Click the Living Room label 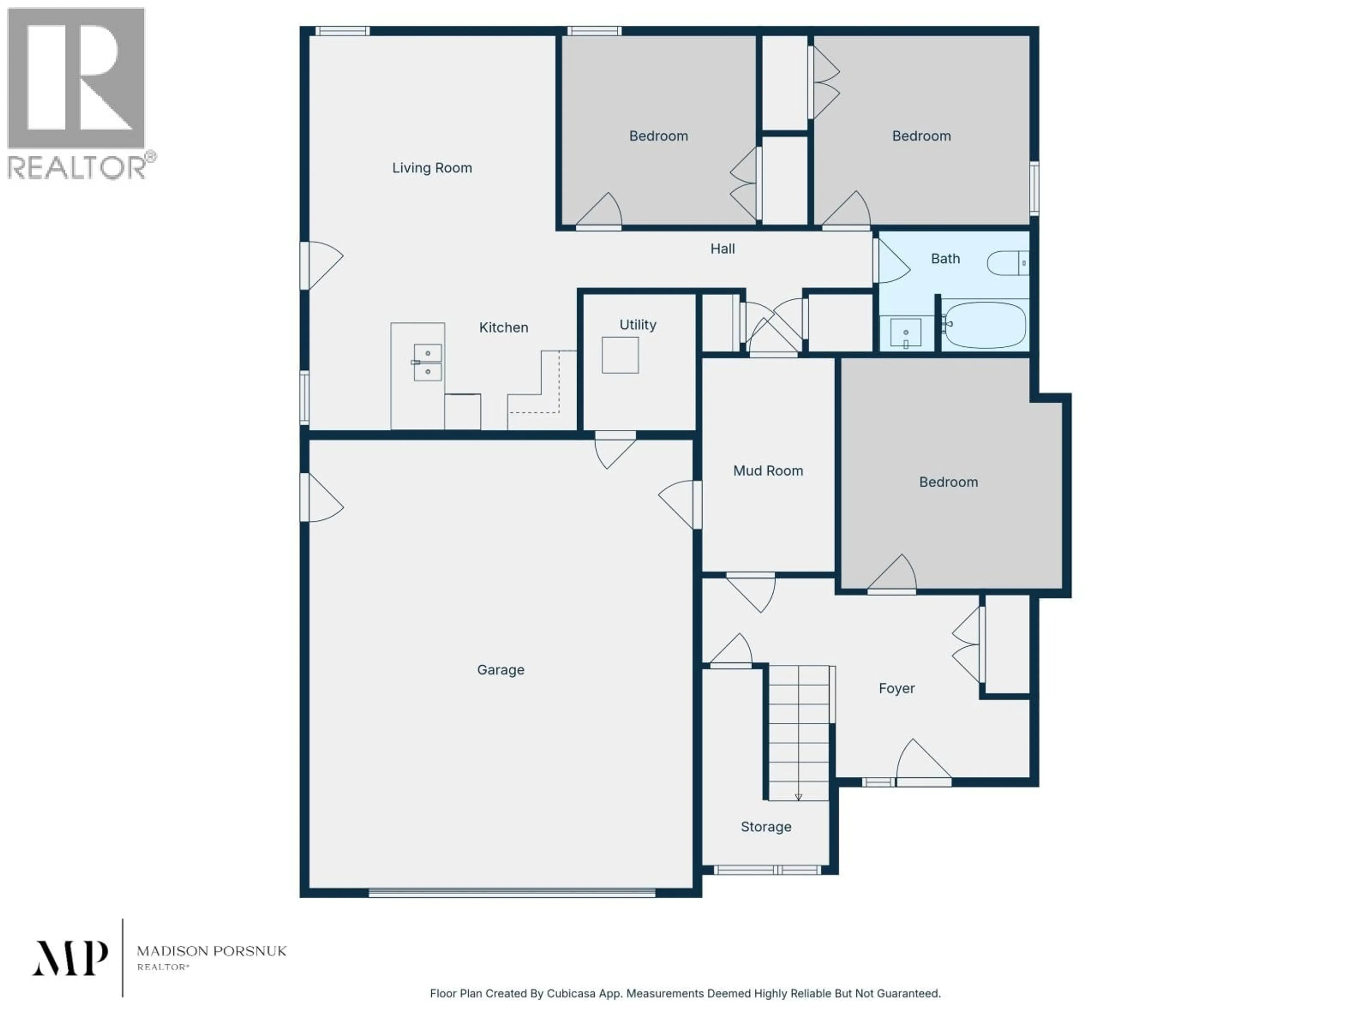pos(432,168)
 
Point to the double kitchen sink pos(428,363)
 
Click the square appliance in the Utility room pos(620,355)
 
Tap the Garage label pos(501,670)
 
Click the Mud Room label pos(768,471)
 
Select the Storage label pos(766,827)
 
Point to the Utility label pos(638,325)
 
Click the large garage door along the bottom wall pos(512,893)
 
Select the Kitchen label pos(503,328)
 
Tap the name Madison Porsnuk pos(211,951)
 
